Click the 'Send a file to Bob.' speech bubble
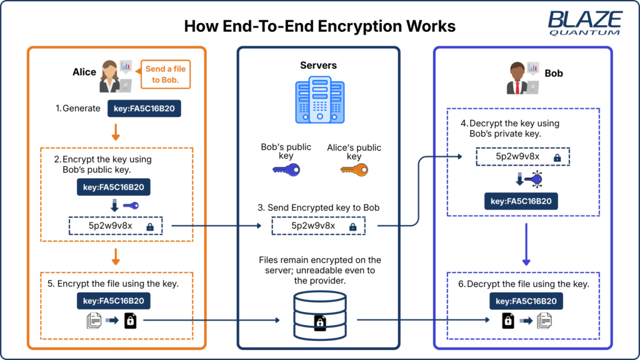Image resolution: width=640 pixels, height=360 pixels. coord(165,74)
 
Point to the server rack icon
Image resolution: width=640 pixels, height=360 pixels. coord(318,101)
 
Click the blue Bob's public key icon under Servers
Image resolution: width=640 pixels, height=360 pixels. coord(286,169)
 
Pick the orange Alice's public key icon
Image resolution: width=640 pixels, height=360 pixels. coord(354,169)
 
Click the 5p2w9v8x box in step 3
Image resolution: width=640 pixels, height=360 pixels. coord(318,226)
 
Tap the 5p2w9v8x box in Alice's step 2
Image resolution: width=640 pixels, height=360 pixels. coord(115,226)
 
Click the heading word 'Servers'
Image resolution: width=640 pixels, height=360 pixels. coord(318,65)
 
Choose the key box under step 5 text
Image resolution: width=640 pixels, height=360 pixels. coord(114,301)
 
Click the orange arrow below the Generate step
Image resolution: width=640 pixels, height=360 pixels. coord(115,132)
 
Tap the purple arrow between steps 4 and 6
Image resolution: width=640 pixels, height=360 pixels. coord(526,244)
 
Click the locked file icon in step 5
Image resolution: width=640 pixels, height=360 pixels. coord(130,321)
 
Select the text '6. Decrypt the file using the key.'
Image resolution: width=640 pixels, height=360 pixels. coord(523,284)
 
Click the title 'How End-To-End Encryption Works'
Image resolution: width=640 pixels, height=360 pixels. coord(319,27)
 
